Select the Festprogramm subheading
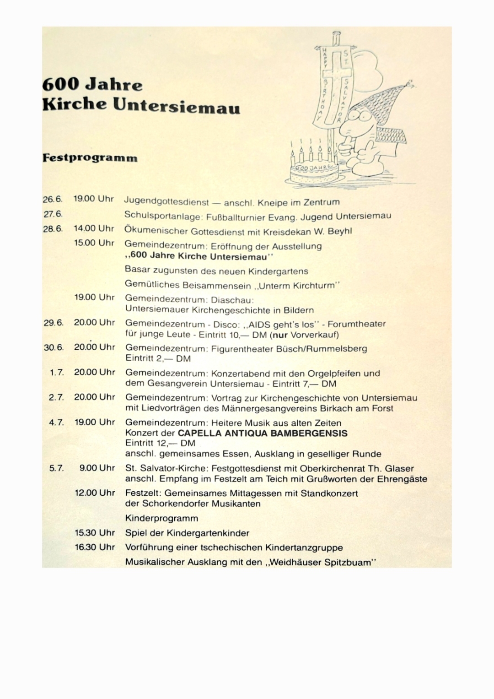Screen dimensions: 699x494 click(90, 158)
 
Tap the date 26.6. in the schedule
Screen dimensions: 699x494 click(53, 200)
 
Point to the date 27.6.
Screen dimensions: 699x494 click(53, 214)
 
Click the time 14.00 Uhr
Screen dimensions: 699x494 click(94, 228)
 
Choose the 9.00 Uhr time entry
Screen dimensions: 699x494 click(97, 468)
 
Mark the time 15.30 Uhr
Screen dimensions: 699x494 click(95, 533)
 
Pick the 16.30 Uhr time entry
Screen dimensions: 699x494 click(95, 547)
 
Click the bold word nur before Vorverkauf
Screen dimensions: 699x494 click(279, 334)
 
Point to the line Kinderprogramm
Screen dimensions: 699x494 click(161, 518)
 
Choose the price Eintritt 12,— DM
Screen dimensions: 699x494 click(160, 443)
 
